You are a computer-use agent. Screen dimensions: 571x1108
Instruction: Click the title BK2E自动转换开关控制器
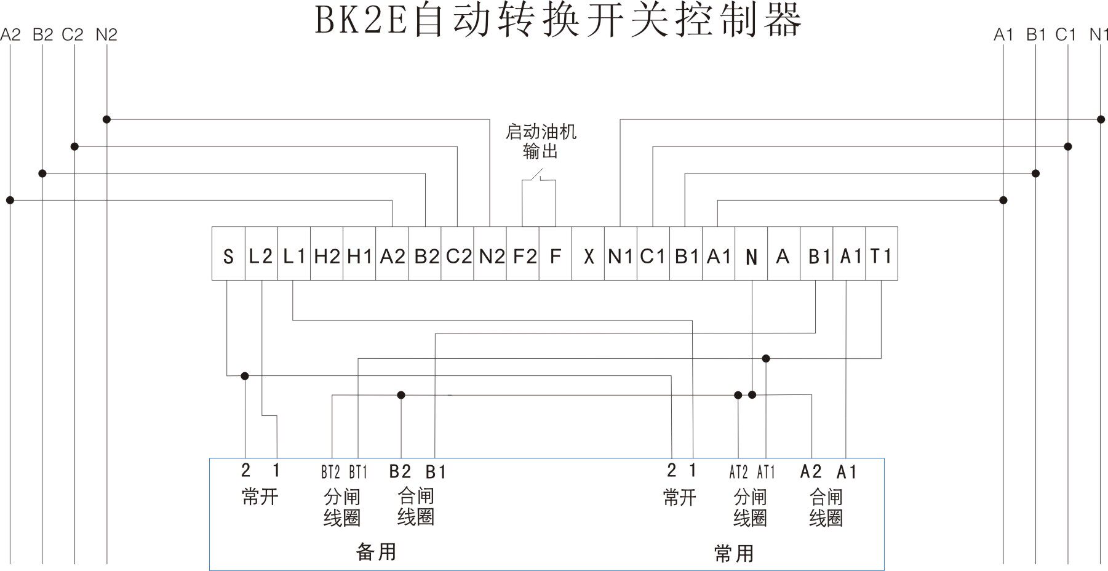[x=558, y=20]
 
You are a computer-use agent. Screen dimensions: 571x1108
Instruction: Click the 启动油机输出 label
[x=540, y=141]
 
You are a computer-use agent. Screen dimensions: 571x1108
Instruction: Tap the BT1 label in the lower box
[x=358, y=473]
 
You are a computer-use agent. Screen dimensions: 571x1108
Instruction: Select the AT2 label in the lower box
[x=738, y=473]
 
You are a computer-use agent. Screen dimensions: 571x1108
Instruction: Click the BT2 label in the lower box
[x=330, y=473]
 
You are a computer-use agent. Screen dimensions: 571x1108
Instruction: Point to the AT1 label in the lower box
[x=766, y=473]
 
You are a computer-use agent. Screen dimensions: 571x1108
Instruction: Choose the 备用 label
[x=376, y=551]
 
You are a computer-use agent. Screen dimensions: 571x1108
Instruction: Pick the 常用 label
[x=734, y=553]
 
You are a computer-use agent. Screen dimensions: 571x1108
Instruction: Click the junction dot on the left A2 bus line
[x=10, y=200]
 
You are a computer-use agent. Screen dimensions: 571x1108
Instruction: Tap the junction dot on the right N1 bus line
[x=1101, y=119]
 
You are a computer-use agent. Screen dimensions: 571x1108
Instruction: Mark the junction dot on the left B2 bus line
[x=42, y=174]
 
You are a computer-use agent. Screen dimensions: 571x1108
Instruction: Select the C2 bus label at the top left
[x=72, y=35]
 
